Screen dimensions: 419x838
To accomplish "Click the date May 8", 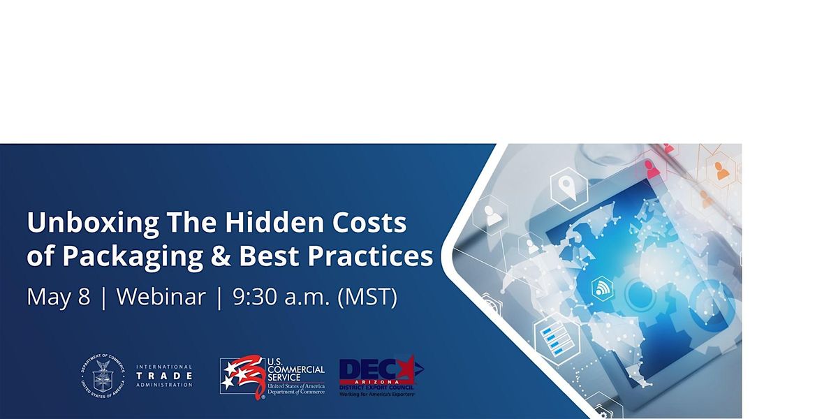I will point(59,297).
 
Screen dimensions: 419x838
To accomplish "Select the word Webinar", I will point(161,297).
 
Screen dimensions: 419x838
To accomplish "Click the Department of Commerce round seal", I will point(103,376).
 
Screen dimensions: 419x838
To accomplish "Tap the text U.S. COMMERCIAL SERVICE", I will point(296,369).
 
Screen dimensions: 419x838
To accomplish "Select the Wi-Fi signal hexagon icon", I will point(601,287).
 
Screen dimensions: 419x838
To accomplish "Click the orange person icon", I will point(721,170).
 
